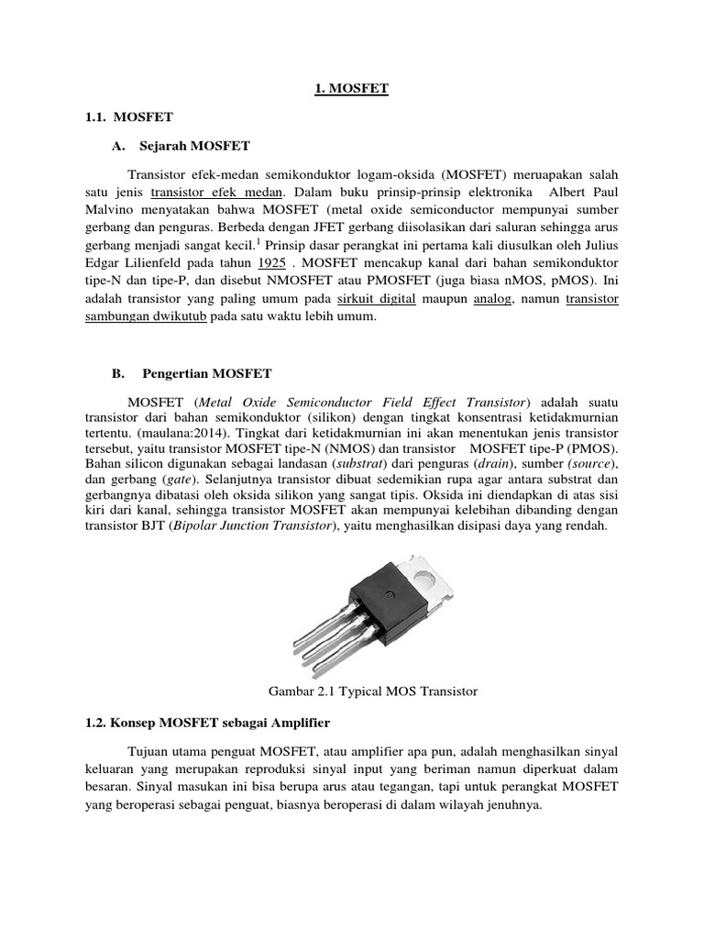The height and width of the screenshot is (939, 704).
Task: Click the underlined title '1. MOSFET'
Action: tap(352, 89)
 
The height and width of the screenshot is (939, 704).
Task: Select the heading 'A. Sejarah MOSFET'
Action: tap(181, 146)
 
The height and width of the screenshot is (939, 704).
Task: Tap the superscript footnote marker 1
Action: tap(258, 241)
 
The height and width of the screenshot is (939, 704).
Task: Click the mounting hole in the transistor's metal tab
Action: tap(424, 576)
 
